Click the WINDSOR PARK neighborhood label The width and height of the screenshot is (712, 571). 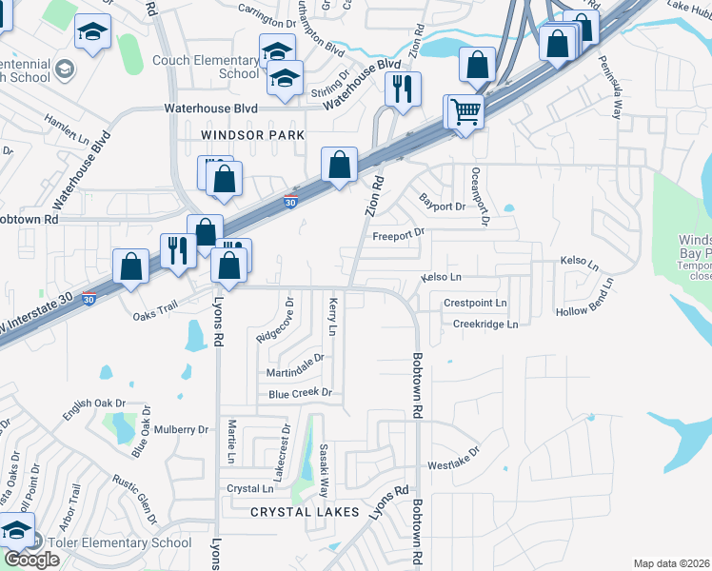click(252, 136)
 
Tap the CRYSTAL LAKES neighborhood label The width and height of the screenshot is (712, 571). click(305, 512)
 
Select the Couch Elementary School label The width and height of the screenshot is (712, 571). click(226, 66)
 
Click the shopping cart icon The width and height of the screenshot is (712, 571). click(465, 112)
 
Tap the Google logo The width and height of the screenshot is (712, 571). click(31, 560)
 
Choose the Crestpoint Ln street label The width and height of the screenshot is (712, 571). click(475, 303)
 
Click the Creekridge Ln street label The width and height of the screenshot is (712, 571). click(485, 325)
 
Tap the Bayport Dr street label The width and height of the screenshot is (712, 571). click(442, 203)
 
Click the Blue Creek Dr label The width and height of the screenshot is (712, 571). click(299, 393)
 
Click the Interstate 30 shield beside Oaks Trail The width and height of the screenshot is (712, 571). click(89, 299)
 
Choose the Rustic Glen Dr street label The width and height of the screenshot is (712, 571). click(134, 499)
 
